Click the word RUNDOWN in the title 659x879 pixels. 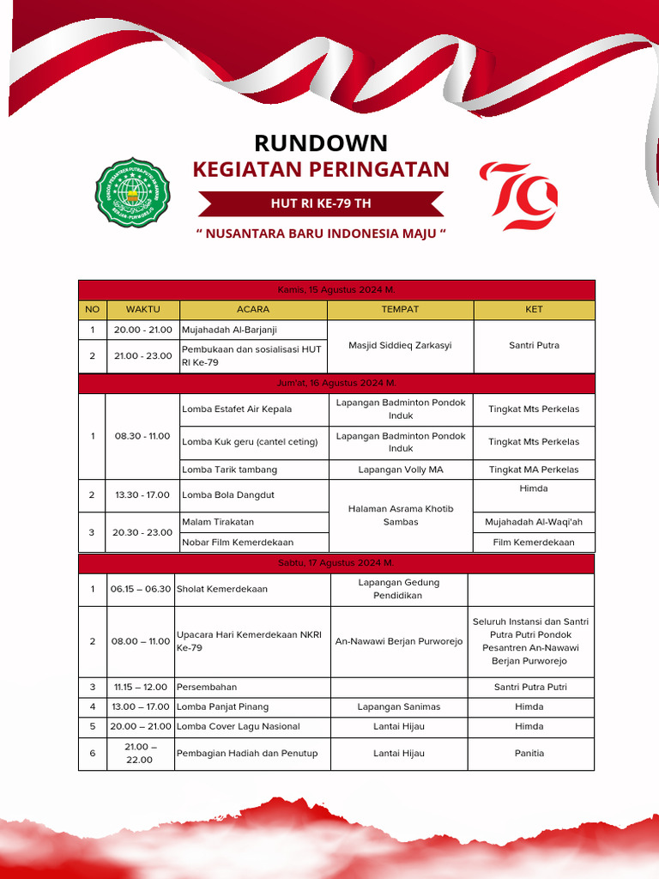click(x=321, y=142)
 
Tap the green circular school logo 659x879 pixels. click(x=132, y=192)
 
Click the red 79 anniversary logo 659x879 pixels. click(x=519, y=197)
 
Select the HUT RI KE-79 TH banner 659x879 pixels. click(x=321, y=203)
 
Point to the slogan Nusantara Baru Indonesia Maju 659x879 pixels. click(x=321, y=233)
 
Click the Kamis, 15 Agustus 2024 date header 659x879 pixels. click(x=336, y=290)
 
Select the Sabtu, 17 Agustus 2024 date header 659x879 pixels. click(x=336, y=563)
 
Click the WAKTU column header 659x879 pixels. click(x=142, y=309)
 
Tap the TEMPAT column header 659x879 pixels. click(x=400, y=309)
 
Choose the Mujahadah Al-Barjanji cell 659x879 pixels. click(x=229, y=330)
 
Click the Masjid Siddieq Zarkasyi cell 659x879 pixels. click(x=400, y=346)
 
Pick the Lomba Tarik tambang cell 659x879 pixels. click(x=229, y=470)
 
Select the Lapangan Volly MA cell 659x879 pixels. click(x=400, y=470)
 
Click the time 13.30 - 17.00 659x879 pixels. click(x=142, y=495)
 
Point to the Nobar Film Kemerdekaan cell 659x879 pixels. click(x=238, y=542)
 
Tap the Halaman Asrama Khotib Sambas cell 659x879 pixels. click(x=400, y=515)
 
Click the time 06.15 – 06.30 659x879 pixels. click(x=141, y=589)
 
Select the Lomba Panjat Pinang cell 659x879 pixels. click(x=223, y=706)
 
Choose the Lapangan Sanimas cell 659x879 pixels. click(x=400, y=706)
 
